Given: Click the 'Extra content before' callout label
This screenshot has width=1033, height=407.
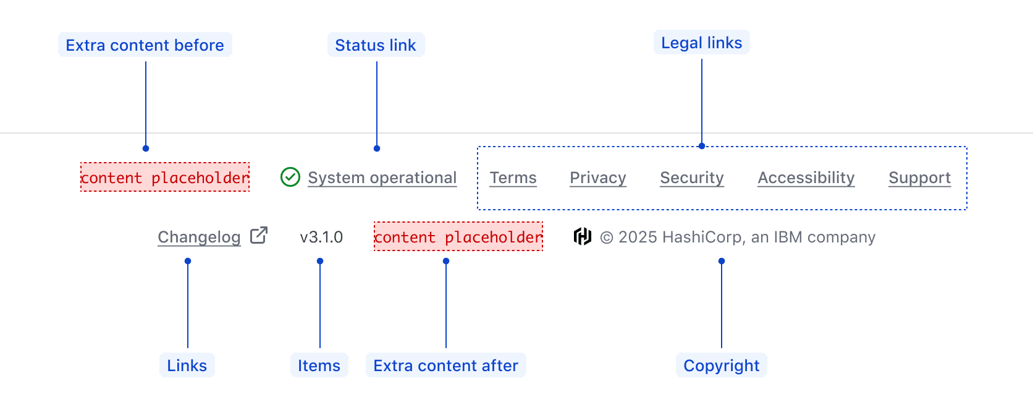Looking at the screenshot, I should [x=145, y=45].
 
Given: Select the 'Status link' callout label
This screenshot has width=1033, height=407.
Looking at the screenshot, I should [x=376, y=45].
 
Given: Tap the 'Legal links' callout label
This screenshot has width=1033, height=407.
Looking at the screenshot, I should [x=701, y=43].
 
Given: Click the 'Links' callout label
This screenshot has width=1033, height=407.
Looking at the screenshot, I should [x=187, y=366].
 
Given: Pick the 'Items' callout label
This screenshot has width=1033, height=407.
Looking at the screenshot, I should [x=319, y=366].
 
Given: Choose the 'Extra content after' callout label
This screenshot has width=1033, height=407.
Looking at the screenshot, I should [x=445, y=366].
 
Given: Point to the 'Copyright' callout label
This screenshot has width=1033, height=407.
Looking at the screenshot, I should [x=721, y=366].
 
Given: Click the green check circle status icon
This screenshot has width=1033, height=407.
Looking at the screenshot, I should [x=290, y=178].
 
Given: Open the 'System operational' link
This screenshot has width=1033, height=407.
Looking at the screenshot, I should [x=382, y=178].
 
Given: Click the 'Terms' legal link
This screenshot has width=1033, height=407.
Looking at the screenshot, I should [x=513, y=178].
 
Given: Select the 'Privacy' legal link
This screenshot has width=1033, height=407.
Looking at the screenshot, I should [x=597, y=178].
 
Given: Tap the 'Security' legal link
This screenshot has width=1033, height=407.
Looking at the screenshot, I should [x=691, y=178].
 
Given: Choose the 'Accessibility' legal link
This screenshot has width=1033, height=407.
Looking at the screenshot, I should [x=806, y=178].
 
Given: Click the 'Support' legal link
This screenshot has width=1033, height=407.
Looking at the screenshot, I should [x=919, y=178].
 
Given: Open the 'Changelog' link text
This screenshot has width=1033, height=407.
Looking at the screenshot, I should [x=199, y=238].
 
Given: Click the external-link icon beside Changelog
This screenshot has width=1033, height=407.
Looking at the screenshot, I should [x=259, y=236].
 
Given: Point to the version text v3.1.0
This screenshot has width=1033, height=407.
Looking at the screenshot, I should [x=321, y=238].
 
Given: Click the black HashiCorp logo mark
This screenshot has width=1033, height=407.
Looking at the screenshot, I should [x=582, y=236].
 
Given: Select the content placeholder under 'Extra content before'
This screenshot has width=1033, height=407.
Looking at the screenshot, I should [x=165, y=178].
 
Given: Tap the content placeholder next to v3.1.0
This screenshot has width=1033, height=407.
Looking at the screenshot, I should [x=458, y=237].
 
